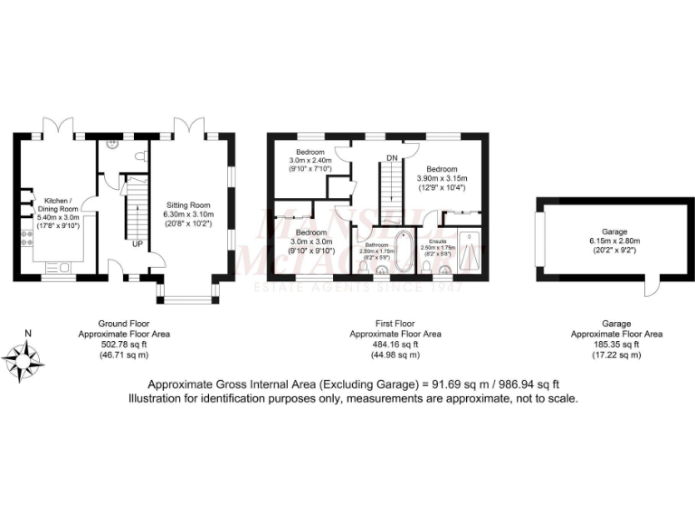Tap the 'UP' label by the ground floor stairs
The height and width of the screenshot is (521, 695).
pyautogui.click(x=138, y=244)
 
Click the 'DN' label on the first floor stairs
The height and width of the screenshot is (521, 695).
pyautogui.click(x=392, y=158)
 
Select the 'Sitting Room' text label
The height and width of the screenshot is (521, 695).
pyautogui.click(x=190, y=204)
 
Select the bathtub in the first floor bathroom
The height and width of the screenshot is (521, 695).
pyautogui.click(x=403, y=253)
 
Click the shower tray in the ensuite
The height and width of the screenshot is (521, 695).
pyautogui.click(x=469, y=252)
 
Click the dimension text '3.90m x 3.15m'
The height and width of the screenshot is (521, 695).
pyautogui.click(x=443, y=179)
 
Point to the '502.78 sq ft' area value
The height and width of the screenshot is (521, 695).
pyautogui.click(x=124, y=345)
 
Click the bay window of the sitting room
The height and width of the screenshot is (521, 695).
pyautogui.click(x=188, y=296)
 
